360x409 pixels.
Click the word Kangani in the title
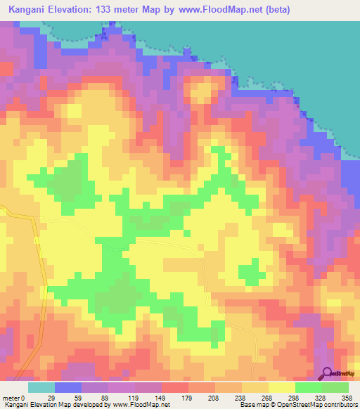27,10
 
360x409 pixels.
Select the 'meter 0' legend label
16,398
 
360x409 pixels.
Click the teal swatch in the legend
41,387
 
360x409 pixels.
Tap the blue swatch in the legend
68,387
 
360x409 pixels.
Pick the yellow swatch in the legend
281,387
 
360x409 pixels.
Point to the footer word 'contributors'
338,405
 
